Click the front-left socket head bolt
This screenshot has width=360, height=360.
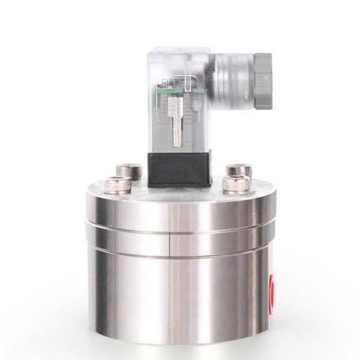click(x=122, y=185)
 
